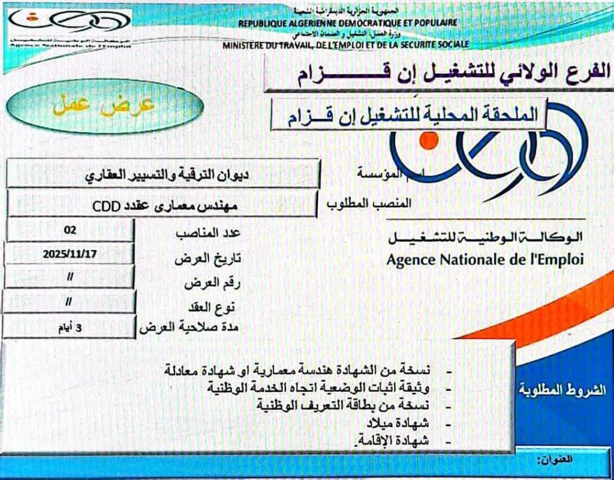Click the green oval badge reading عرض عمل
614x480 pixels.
(x=105, y=105)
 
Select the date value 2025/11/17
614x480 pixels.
(x=70, y=254)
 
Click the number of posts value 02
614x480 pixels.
(x=70, y=230)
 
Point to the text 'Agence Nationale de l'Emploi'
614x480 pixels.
(x=484, y=260)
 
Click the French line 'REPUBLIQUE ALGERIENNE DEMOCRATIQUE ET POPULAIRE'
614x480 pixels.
(x=348, y=23)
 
